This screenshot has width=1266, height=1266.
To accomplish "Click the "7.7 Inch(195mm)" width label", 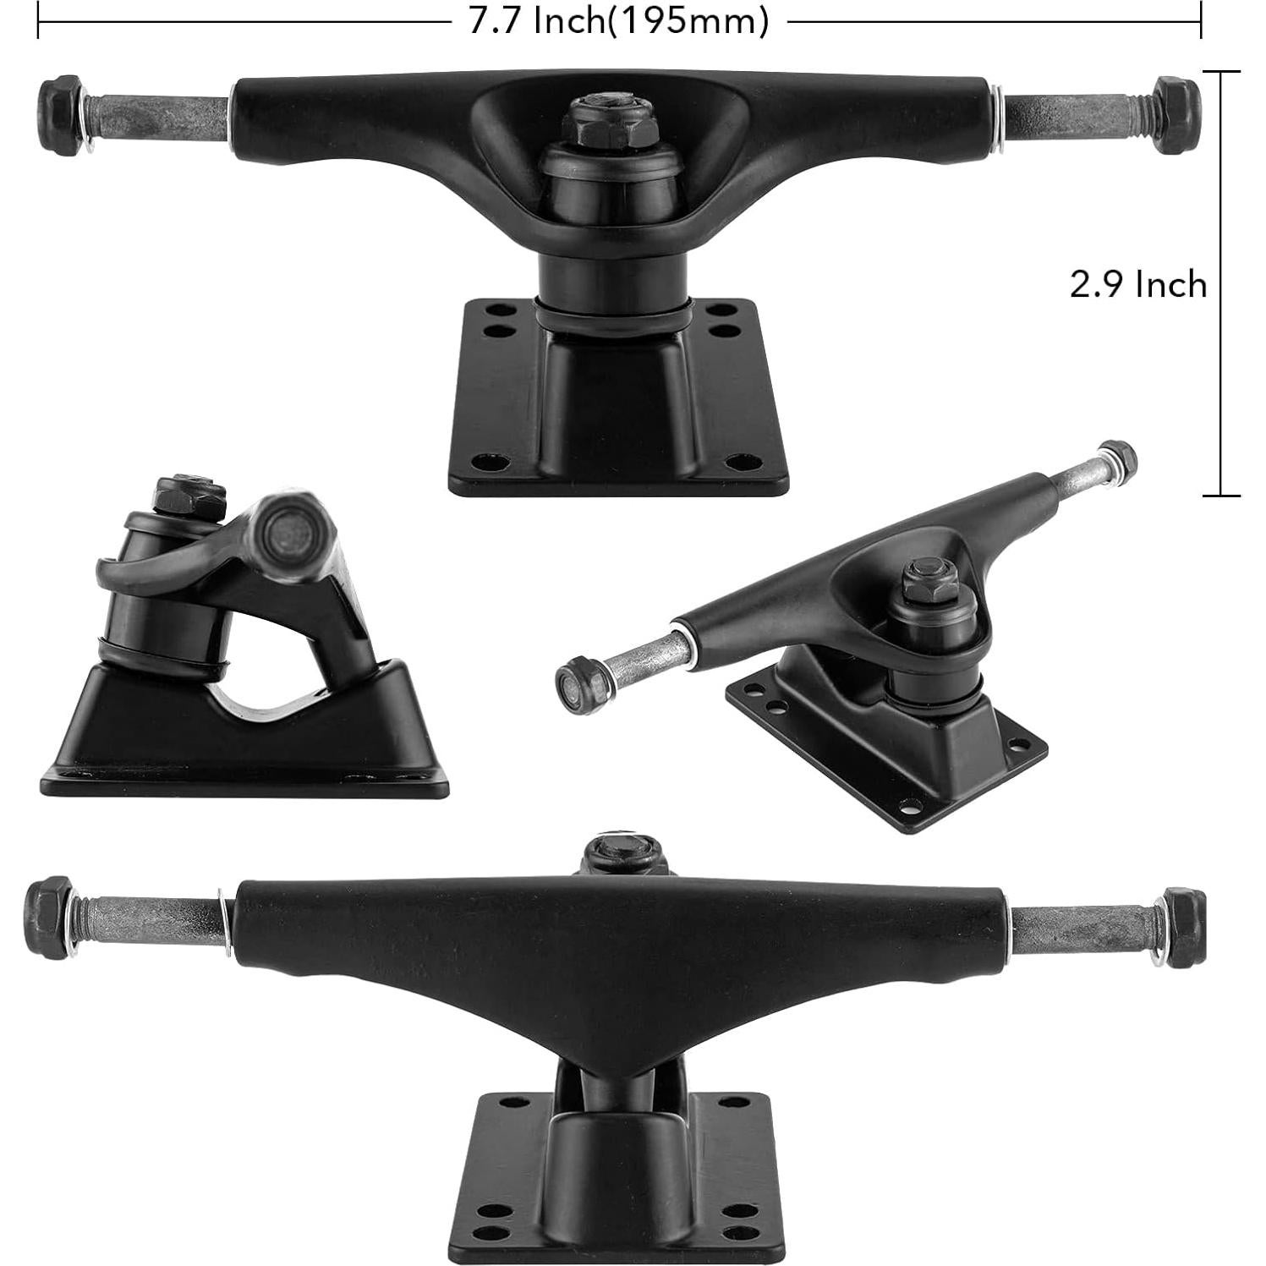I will pos(619,21).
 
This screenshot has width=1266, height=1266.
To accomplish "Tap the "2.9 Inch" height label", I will pos(1137,285).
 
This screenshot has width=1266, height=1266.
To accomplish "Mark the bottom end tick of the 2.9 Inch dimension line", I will pos(1221,496).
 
